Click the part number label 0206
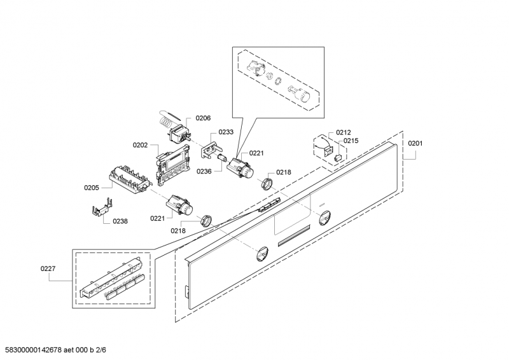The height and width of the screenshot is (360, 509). pos(202,118)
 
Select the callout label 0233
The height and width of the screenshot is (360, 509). pos(226,132)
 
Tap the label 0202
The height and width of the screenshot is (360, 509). pos(141,145)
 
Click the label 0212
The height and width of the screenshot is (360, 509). pos(344,132)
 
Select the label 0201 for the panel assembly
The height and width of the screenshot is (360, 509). pos(415,143)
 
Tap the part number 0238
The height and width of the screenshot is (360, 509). pos(120,221)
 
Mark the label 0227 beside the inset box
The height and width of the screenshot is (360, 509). pos(48,269)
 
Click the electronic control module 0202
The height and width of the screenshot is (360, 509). pos(174,162)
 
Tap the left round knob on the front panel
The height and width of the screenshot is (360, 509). pos(260,254)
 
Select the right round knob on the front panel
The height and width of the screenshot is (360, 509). pos(323,218)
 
